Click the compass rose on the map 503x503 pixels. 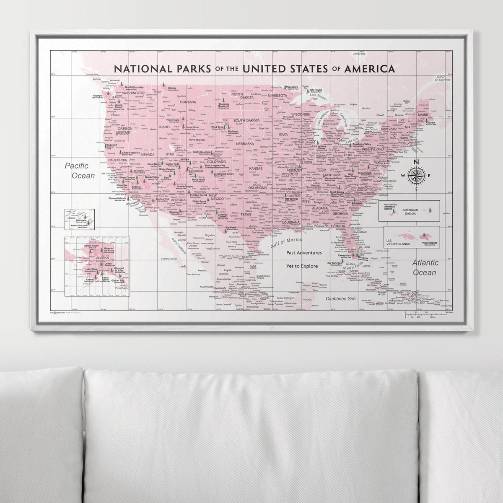[x=416, y=176]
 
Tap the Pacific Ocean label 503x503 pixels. [x=80, y=171]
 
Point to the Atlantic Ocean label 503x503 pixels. [x=425, y=267]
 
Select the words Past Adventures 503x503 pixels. [x=304, y=253]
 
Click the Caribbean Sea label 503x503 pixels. [x=340, y=298]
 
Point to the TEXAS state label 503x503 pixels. [x=246, y=214]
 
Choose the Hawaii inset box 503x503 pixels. [x=79, y=219]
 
